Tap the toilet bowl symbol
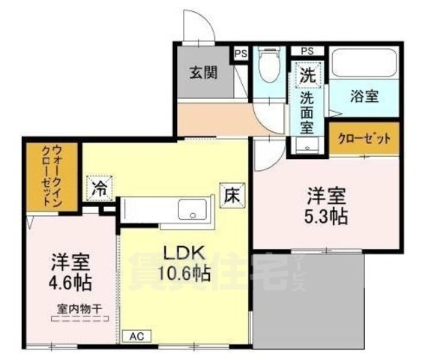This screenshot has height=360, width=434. (268, 71)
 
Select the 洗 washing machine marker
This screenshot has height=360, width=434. (308, 75)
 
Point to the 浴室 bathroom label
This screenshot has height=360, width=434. (364, 96)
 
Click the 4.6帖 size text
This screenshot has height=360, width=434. (70, 284)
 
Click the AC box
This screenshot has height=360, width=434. (136, 337)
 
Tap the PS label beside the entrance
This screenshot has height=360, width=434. (241, 53)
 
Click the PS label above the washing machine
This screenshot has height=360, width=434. (307, 50)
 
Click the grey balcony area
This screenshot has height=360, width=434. (308, 300)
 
